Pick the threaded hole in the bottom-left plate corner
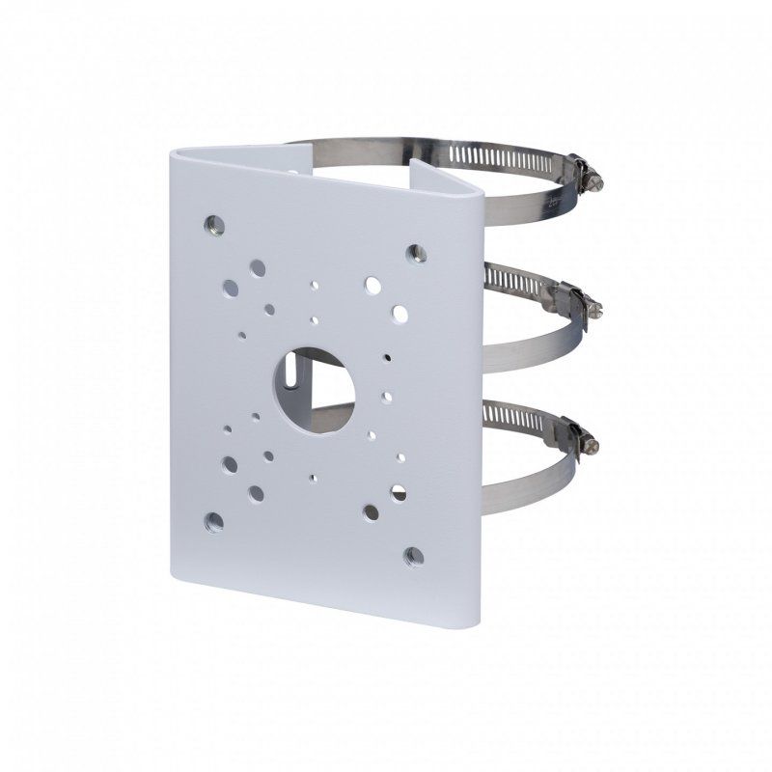(213, 522)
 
